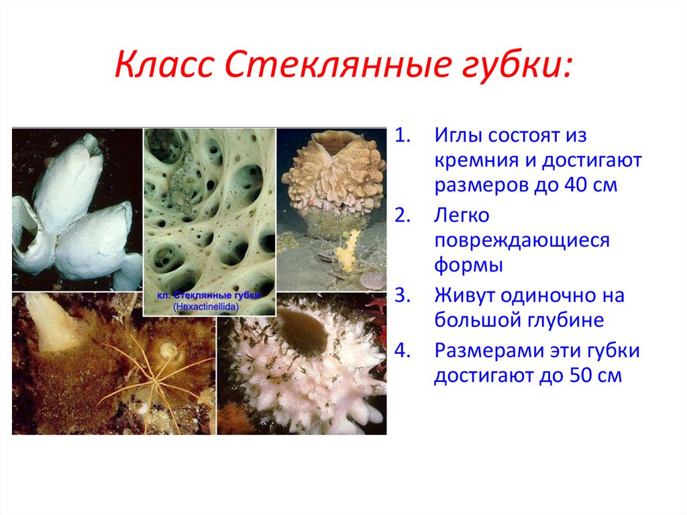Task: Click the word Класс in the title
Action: [164, 64]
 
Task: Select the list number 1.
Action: [403, 136]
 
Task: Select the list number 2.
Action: [403, 216]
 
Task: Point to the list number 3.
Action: [403, 295]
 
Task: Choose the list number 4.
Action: [403, 351]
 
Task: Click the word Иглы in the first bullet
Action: [459, 136]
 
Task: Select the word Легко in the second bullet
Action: [462, 216]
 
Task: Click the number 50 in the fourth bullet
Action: [582, 376]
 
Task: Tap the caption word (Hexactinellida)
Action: [206, 307]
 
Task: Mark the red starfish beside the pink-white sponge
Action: [377, 315]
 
